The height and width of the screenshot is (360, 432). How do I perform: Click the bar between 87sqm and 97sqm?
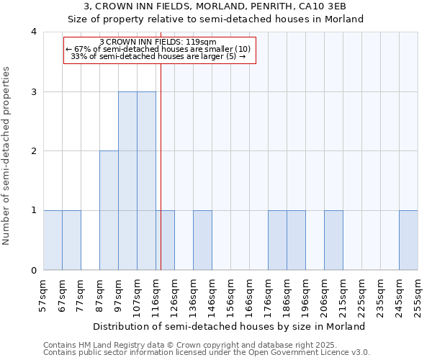point(109,210)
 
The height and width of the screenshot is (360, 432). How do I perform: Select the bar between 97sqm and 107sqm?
point(127,181)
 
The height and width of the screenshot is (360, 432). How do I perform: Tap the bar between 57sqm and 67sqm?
point(53,240)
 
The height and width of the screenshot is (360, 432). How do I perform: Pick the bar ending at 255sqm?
point(408,240)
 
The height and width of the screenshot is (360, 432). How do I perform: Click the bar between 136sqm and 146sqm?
point(202,240)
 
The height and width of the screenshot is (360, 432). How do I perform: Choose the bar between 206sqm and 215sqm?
point(333,240)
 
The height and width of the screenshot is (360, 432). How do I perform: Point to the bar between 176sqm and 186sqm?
point(277,240)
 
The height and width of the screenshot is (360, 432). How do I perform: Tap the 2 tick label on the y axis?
point(34,151)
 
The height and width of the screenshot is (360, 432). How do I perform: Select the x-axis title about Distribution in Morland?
point(230,326)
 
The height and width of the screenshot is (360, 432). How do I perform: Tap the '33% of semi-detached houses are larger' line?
point(159,56)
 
